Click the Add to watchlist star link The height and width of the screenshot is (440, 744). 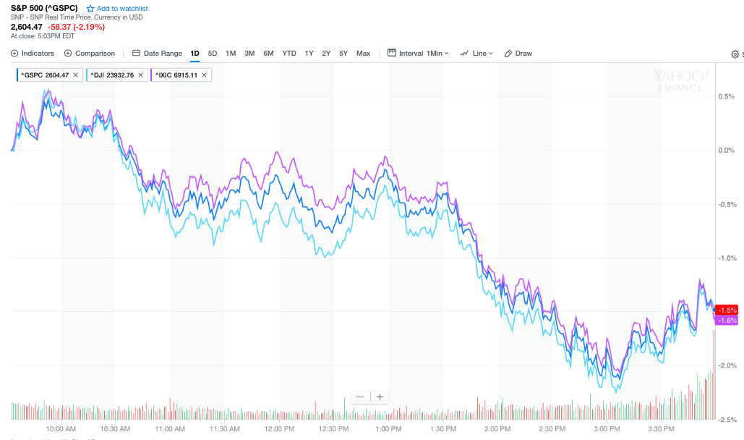[116, 8]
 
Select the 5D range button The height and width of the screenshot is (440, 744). [213, 53]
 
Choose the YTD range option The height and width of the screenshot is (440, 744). [289, 53]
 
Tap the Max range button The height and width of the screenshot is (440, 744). [363, 53]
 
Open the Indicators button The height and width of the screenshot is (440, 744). [33, 53]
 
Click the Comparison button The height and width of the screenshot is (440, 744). [90, 53]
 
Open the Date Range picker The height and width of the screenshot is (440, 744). [158, 53]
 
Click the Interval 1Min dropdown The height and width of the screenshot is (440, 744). [419, 53]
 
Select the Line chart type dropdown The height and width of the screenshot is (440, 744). [478, 53]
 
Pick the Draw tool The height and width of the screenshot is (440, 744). [518, 53]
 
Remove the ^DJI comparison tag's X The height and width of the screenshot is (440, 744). [140, 75]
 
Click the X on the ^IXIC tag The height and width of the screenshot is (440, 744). [205, 75]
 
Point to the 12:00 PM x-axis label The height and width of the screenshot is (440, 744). [280, 428]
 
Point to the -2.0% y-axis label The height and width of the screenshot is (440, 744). [726, 365]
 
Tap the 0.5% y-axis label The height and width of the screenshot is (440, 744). [726, 96]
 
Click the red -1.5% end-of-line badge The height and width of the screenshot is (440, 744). [727, 310]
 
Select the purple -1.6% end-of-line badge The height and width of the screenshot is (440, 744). [727, 320]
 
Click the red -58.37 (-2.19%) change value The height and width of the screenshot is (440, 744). [76, 27]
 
